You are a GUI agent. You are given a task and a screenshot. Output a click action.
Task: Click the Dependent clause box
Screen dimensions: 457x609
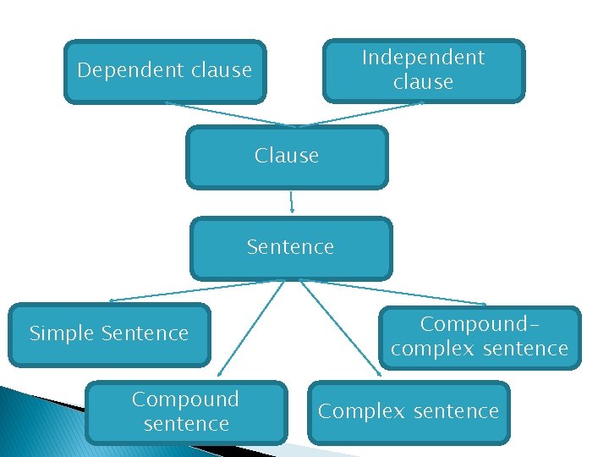[165, 72]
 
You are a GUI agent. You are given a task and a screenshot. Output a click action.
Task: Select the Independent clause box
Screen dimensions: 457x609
[423, 70]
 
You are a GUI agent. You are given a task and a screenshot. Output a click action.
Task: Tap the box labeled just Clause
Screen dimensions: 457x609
[287, 157]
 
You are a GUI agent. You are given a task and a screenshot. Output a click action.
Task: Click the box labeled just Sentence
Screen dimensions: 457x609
[291, 248]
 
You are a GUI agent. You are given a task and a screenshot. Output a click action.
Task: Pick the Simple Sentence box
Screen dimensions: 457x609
[109, 334]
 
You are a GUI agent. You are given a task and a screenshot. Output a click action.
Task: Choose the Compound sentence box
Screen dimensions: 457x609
[186, 412]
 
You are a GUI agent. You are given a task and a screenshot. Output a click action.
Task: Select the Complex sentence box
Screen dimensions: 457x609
[409, 412]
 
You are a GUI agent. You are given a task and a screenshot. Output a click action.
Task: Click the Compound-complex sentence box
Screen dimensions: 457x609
[480, 337]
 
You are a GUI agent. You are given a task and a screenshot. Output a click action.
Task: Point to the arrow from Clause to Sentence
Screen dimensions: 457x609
[291, 201]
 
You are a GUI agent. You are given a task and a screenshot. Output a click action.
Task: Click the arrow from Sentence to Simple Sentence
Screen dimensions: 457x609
[195, 290]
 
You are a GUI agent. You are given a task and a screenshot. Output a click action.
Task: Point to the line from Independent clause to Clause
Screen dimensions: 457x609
[364, 114]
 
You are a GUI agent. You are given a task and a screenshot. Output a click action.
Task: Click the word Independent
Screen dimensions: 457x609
[423, 58]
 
